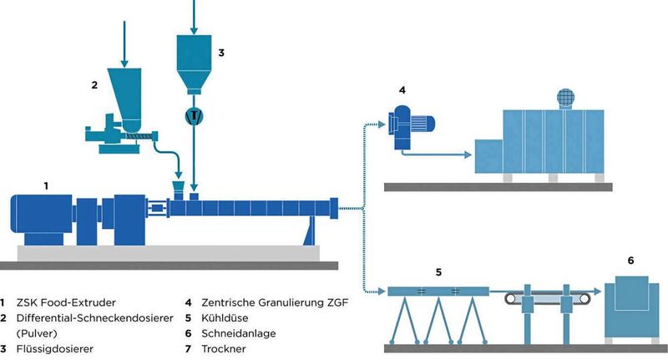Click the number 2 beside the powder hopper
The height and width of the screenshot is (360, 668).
pos(95,84)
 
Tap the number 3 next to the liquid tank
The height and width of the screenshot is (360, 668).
pos(220,52)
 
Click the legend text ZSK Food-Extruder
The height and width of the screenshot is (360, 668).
pos(68,302)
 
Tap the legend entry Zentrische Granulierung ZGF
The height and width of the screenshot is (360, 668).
pos(267,302)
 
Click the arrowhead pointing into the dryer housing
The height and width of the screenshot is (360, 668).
pos(471,155)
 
